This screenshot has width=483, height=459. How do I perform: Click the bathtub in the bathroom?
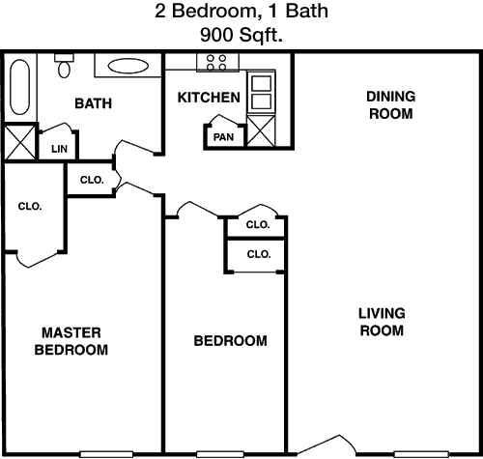pos(20,87)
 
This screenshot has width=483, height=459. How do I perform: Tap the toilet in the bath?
pos(64,66)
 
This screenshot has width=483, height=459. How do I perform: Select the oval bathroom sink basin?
pos(128,66)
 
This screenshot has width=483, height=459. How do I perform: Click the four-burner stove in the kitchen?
pos(217,63)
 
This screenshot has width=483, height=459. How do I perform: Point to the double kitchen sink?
pos(261,92)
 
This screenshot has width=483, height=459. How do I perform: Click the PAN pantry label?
pos(223,137)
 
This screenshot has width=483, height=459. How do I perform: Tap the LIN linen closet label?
pos(59,149)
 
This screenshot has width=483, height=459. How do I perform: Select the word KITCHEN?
pos(209,98)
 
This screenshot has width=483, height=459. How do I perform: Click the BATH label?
pos(94,103)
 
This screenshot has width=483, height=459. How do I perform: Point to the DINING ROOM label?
pos(391,105)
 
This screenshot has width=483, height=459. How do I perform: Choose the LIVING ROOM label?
pos(382,322)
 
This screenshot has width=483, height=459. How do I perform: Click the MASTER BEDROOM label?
pos(71,341)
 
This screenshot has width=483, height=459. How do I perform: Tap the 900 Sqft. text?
pos(241,35)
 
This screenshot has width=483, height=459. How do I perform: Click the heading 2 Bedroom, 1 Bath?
pos(241,11)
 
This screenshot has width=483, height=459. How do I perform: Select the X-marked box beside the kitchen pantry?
pos(261,131)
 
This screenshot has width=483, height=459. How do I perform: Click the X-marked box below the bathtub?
pos(20,142)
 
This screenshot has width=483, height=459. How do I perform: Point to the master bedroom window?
pos(106,454)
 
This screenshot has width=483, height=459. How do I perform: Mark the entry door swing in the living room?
pos(326,445)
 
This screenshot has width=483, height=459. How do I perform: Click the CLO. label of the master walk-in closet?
pos(30,206)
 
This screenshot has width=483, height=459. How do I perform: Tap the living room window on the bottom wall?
pos(422,454)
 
